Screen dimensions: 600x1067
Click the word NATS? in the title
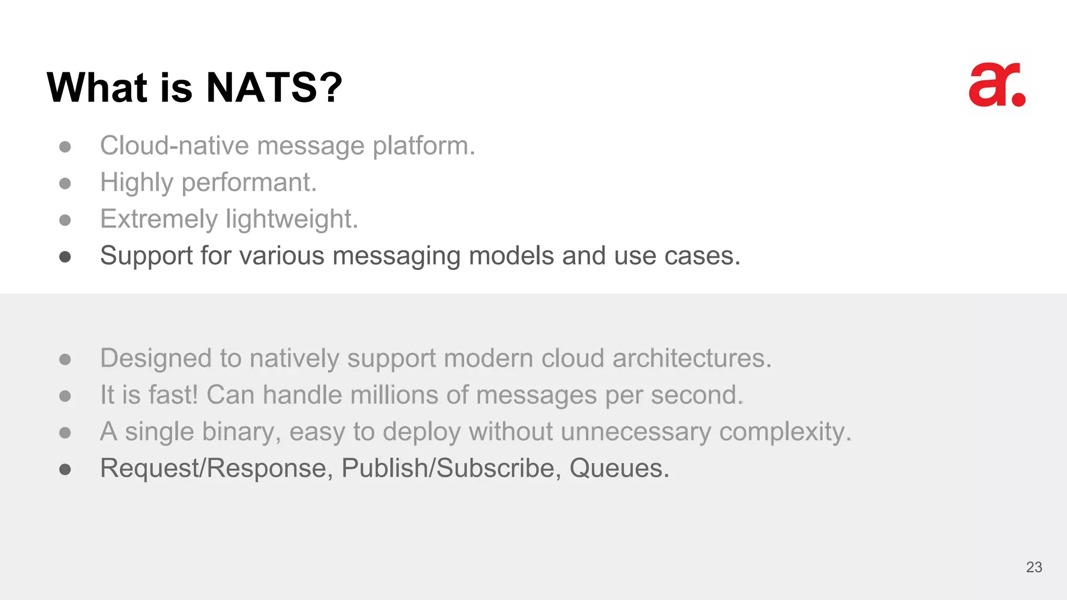(274, 87)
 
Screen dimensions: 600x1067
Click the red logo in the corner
(997, 85)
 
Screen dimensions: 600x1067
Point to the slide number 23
(1034, 567)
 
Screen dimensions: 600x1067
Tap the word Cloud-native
(175, 145)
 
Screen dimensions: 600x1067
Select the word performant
(249, 183)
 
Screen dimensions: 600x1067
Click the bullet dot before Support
(65, 257)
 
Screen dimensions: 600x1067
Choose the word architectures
(691, 358)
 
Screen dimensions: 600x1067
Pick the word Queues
(619, 468)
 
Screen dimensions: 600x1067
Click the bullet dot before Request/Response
(65, 470)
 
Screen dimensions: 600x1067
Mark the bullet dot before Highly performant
(65, 183)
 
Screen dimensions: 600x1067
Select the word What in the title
(97, 87)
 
